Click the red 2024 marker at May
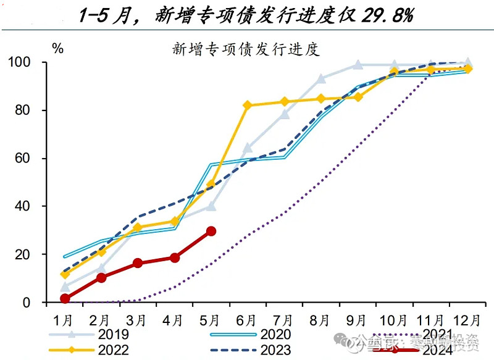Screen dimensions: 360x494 coord(211,231)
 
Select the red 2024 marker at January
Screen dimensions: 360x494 coord(65,298)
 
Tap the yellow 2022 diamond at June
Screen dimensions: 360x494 coord(248,106)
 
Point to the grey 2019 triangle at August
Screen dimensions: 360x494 coord(321,79)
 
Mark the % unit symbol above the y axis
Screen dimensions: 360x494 coord(57,49)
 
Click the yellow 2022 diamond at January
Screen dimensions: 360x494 coord(65,274)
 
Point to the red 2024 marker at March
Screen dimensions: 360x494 coord(138,263)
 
